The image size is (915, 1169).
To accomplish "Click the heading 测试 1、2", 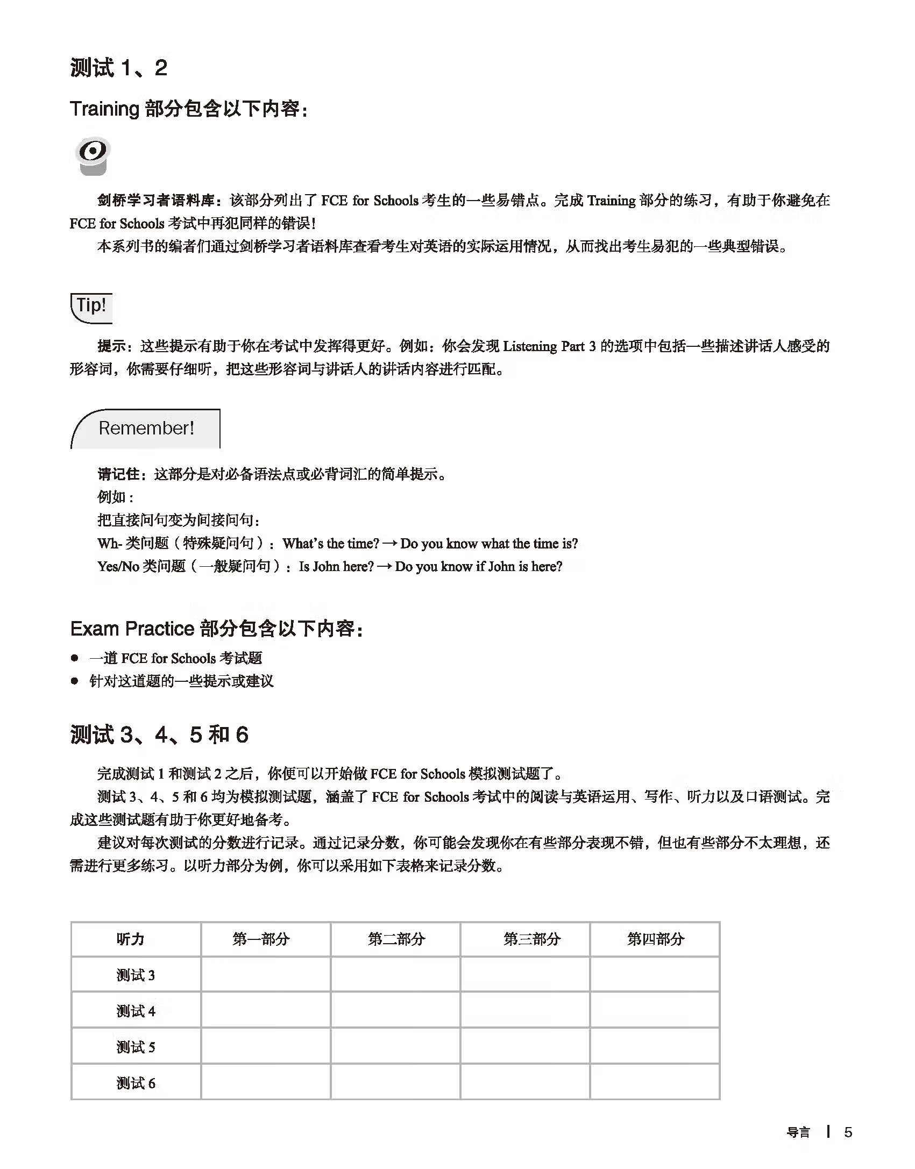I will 118,68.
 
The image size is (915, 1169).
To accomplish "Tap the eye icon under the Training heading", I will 93,155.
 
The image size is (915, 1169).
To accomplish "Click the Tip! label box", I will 91,306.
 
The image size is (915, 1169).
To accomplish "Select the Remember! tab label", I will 146,428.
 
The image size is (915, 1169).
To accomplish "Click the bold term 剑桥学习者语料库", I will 156,201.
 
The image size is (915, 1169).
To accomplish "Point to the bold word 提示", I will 111,346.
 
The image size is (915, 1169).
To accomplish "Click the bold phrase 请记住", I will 118,474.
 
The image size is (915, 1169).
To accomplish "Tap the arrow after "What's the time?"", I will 391,544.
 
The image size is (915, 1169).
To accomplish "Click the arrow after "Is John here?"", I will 384,567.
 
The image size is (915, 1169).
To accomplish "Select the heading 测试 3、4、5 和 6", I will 159,735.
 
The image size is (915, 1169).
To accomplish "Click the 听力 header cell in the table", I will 131,939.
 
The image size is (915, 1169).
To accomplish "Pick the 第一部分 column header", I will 261,939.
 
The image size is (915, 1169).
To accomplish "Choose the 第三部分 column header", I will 532,939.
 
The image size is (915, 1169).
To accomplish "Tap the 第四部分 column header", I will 656,939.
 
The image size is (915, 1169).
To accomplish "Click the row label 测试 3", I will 136,975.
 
